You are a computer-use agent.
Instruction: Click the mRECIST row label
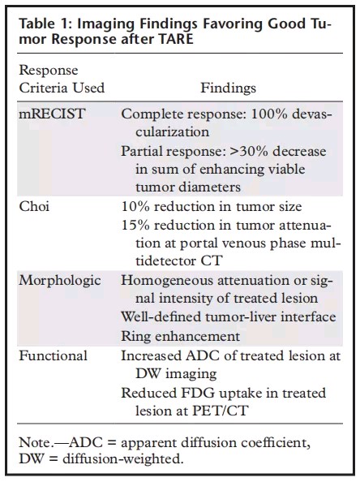(x=52, y=114)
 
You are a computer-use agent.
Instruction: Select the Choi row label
(x=34, y=206)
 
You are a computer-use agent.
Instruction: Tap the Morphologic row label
(x=60, y=281)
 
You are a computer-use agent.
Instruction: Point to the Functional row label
(x=54, y=355)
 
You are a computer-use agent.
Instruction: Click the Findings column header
(x=228, y=88)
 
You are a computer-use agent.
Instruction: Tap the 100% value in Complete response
(x=269, y=114)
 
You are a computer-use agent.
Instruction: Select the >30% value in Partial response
(x=249, y=151)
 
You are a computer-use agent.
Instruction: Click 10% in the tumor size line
(x=135, y=206)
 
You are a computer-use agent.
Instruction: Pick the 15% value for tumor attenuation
(x=135, y=225)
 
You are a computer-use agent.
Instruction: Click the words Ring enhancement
(x=180, y=336)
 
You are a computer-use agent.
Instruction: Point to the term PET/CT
(x=220, y=411)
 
